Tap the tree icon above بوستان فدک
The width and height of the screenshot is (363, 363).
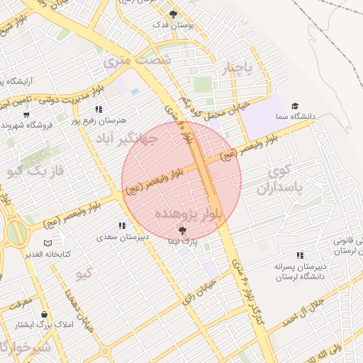pyautogui.click(x=173, y=13)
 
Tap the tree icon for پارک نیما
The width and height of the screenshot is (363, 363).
pyautogui.click(x=181, y=230)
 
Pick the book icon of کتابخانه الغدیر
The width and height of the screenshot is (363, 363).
pyautogui.click(x=48, y=243)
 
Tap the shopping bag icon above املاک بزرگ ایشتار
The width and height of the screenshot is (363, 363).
pyautogui.click(x=45, y=314)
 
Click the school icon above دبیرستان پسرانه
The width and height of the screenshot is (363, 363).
pyautogui.click(x=300, y=255)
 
